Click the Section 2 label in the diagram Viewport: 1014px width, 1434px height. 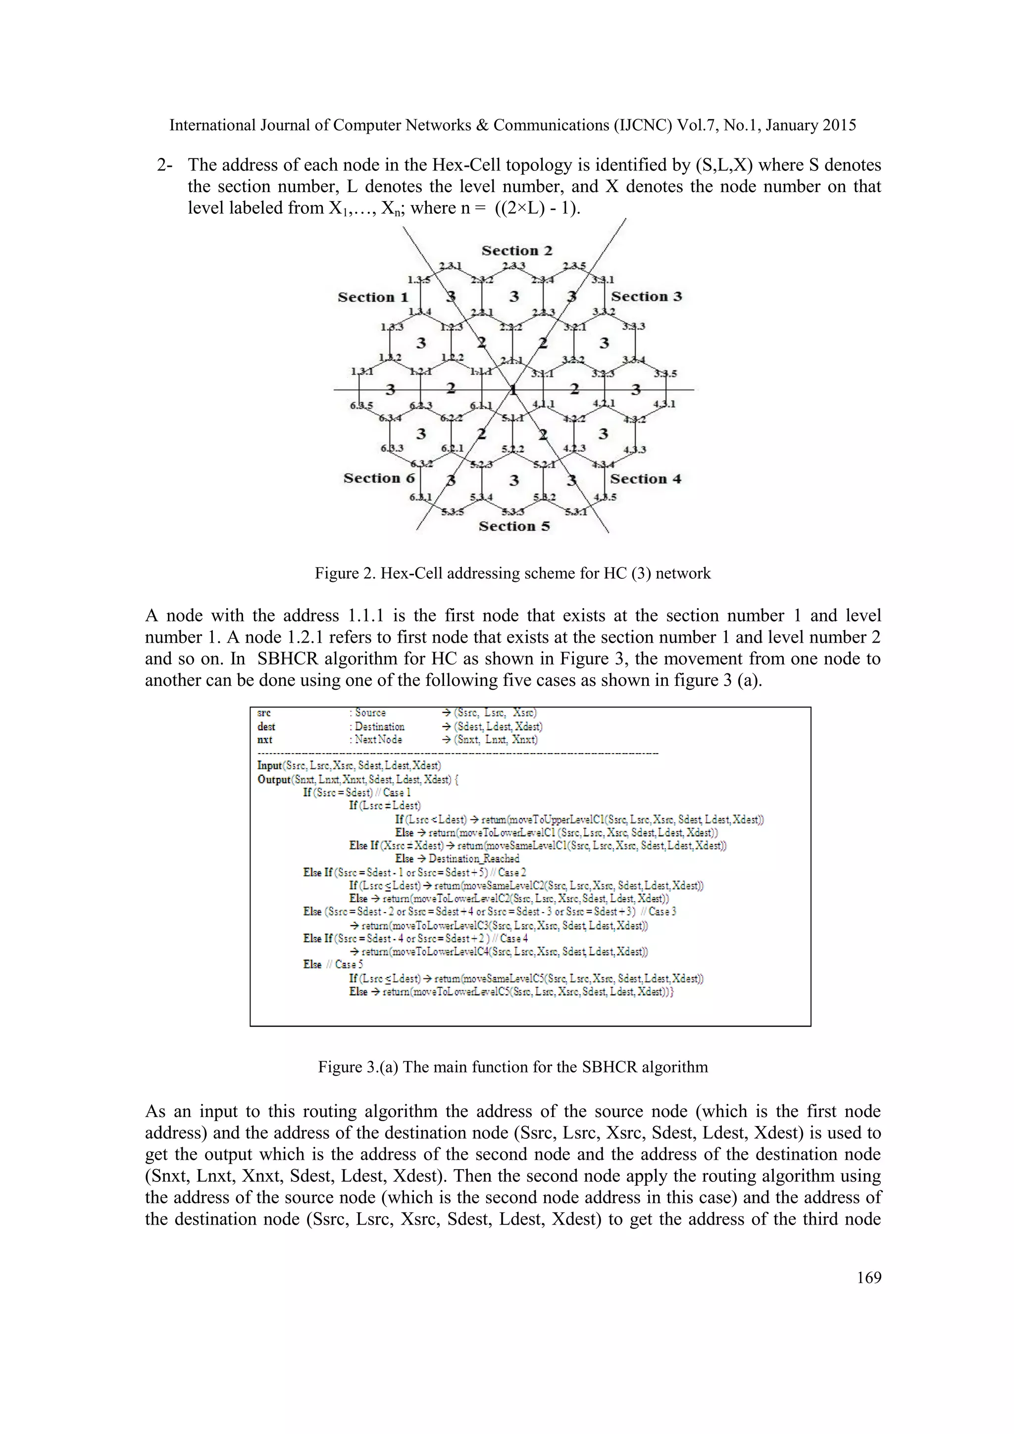516,251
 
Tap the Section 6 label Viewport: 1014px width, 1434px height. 378,478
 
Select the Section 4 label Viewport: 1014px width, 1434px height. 645,479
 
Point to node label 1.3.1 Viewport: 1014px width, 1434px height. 362,371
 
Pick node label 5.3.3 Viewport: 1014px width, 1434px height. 514,512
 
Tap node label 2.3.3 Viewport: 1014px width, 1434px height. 513,266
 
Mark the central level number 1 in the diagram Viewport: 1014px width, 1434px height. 512,390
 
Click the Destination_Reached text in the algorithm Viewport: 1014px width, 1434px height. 474,859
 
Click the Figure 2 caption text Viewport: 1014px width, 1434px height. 512,573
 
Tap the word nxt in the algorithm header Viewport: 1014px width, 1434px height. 265,739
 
